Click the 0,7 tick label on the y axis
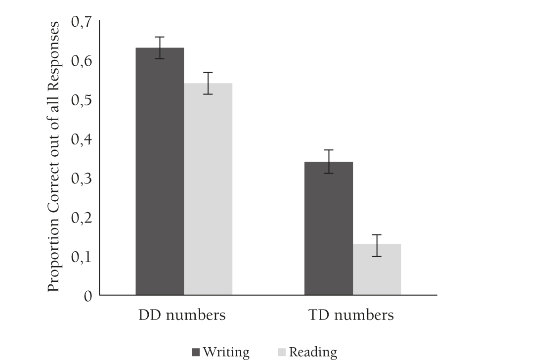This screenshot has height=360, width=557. click(x=82, y=22)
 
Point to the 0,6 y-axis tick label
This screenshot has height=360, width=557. click(x=82, y=61)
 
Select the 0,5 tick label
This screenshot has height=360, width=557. click(x=82, y=100)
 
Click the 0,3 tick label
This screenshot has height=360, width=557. click(x=82, y=179)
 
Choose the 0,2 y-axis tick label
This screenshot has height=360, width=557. click(x=82, y=218)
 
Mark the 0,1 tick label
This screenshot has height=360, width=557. click(x=82, y=257)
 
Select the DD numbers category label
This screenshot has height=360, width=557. click(x=181, y=315)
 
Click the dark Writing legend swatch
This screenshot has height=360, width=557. click(x=195, y=353)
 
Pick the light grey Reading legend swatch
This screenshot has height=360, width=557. click(x=282, y=353)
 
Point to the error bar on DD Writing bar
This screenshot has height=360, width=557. click(x=160, y=47)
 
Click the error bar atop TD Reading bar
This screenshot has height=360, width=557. click(x=377, y=245)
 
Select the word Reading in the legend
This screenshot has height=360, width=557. click(x=313, y=353)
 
